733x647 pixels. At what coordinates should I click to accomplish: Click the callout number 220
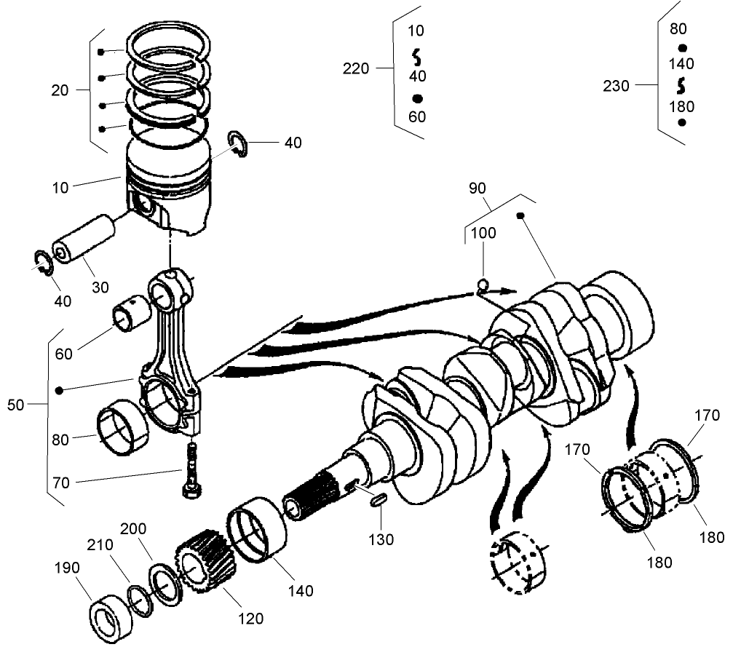356,68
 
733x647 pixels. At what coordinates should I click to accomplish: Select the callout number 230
616,87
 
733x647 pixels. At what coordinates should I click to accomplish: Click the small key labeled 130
378,500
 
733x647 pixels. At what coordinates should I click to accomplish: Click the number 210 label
100,544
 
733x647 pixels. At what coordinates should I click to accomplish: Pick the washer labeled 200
167,582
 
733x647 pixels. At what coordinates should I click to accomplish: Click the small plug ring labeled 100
483,284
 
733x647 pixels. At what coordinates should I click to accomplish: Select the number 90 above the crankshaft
477,188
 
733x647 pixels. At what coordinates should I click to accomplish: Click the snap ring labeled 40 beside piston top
239,143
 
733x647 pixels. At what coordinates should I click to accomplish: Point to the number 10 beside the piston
60,187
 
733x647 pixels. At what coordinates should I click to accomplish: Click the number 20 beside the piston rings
60,90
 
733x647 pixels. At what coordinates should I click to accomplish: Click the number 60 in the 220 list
417,117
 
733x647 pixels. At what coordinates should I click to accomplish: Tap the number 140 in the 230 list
681,64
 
